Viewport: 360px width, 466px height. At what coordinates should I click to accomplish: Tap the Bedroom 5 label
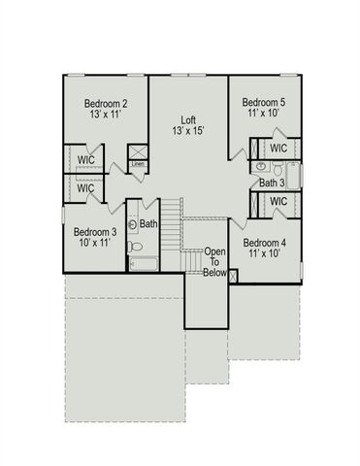tap(263, 102)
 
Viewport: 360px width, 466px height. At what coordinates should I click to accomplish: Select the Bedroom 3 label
tap(95, 232)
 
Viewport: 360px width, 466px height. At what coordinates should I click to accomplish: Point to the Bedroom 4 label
tap(264, 243)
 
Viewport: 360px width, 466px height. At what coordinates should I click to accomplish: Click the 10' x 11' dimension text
tap(95, 245)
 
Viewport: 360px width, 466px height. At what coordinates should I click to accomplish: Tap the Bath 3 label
tap(272, 183)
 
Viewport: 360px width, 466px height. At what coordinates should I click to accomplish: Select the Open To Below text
tap(214, 262)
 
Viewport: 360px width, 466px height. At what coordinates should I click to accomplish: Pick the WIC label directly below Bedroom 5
tap(278, 148)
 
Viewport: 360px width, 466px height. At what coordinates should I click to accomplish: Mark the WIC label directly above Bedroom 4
tap(278, 201)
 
